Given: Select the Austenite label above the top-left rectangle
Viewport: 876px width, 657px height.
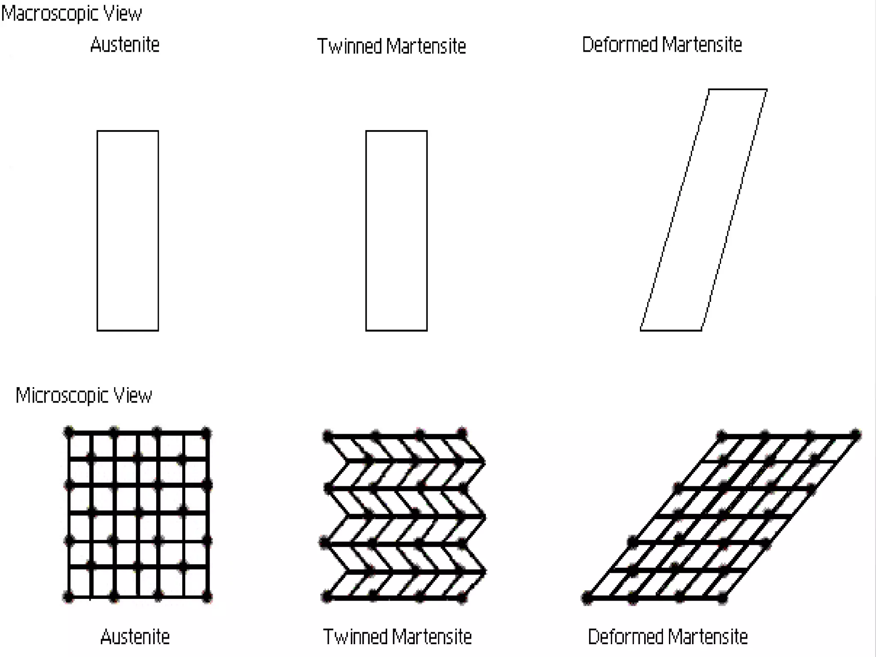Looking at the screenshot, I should [125, 45].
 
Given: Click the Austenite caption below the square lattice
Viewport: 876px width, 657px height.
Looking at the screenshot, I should [135, 637].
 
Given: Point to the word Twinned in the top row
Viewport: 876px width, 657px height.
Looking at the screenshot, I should [349, 46].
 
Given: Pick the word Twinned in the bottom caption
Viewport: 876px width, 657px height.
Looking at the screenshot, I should [355, 637].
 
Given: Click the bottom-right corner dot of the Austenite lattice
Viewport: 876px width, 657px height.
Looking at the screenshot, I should [207, 596].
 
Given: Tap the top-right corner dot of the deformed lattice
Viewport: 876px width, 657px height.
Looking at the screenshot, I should [855, 435].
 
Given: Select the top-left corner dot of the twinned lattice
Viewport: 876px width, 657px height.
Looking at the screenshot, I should [328, 436].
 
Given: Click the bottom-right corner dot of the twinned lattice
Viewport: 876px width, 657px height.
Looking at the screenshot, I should [462, 597].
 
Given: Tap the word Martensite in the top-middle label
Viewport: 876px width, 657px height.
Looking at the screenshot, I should [426, 46].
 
